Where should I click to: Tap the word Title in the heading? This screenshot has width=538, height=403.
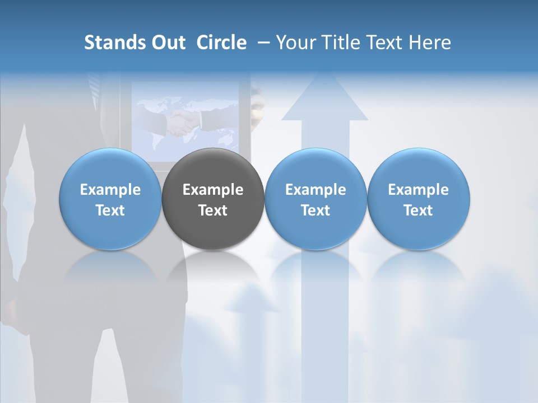(343, 43)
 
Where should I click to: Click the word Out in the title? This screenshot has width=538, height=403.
(167, 43)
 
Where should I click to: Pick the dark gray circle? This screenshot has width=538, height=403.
(213, 199)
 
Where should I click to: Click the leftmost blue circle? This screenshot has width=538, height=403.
(110, 199)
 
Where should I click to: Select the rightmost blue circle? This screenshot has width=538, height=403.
(418, 199)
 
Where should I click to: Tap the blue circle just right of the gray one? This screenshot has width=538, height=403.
(316, 199)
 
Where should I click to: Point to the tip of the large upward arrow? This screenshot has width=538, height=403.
(324, 76)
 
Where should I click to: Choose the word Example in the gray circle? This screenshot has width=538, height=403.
(213, 190)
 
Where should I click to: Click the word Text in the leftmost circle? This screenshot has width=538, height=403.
(110, 210)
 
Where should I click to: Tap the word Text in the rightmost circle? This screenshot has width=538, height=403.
(418, 210)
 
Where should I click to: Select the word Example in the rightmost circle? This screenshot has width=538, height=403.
(418, 190)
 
